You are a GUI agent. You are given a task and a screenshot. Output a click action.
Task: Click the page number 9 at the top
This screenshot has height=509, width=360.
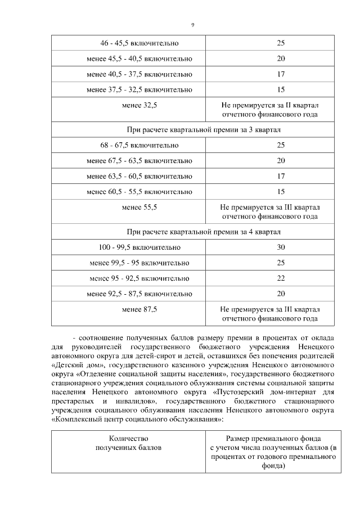point(192,25)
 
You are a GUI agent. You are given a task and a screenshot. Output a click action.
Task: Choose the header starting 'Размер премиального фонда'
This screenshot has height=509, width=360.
point(273,439)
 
